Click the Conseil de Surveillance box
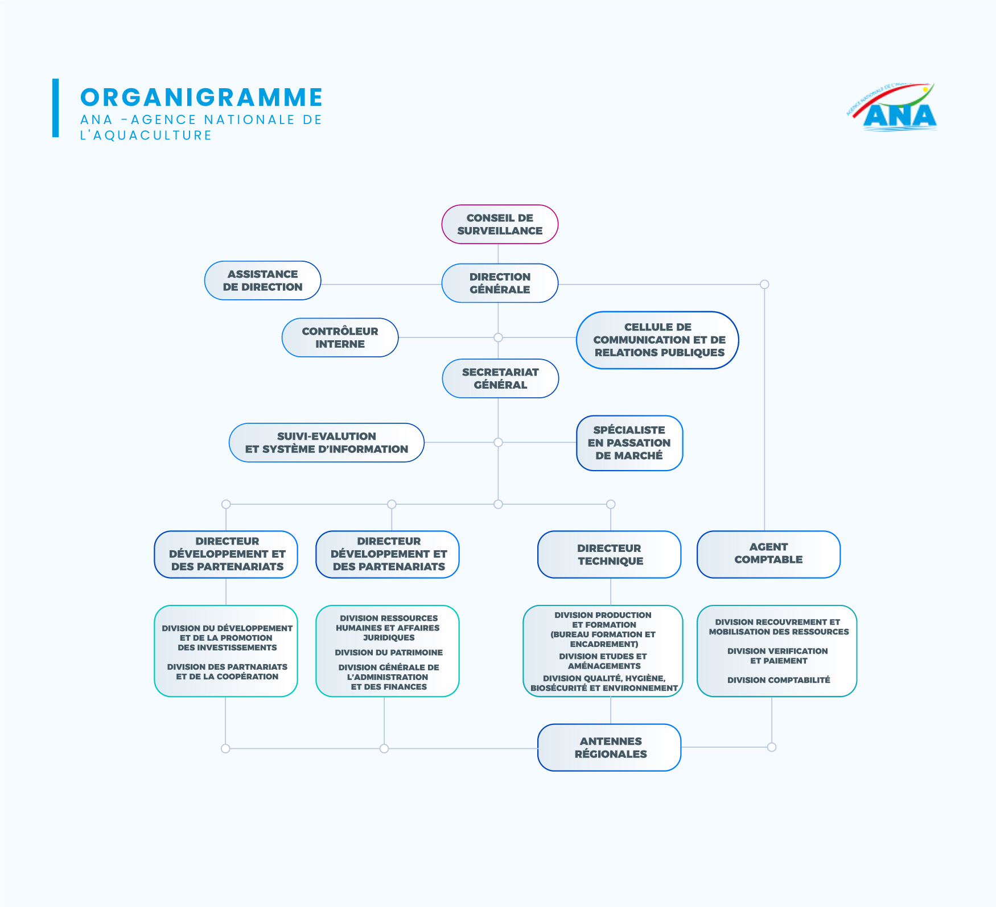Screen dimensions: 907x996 coord(500,224)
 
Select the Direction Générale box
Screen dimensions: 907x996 coord(500,283)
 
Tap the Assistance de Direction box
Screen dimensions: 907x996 coord(262,281)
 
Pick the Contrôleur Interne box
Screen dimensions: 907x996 coord(340,337)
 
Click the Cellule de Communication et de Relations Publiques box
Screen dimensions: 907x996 coord(658,340)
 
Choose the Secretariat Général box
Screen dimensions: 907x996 coord(500,378)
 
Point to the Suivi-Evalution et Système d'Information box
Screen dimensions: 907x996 coord(326,443)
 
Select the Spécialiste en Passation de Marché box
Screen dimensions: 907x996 coord(629,443)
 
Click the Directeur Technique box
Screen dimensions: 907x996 coord(610,554)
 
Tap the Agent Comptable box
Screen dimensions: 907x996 coord(768,554)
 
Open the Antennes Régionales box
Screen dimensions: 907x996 coord(610,747)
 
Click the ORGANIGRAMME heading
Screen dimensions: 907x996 coord(201,97)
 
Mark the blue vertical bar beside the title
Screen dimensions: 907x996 coord(55,108)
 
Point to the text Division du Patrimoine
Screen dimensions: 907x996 coord(389,653)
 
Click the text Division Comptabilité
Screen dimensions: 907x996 coord(778,680)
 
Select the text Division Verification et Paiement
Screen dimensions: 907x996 coord(778,655)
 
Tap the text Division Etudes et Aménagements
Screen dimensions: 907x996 coord(603,661)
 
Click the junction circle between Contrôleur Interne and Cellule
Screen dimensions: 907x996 coord(498,337)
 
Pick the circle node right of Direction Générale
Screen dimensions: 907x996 coord(764,285)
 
